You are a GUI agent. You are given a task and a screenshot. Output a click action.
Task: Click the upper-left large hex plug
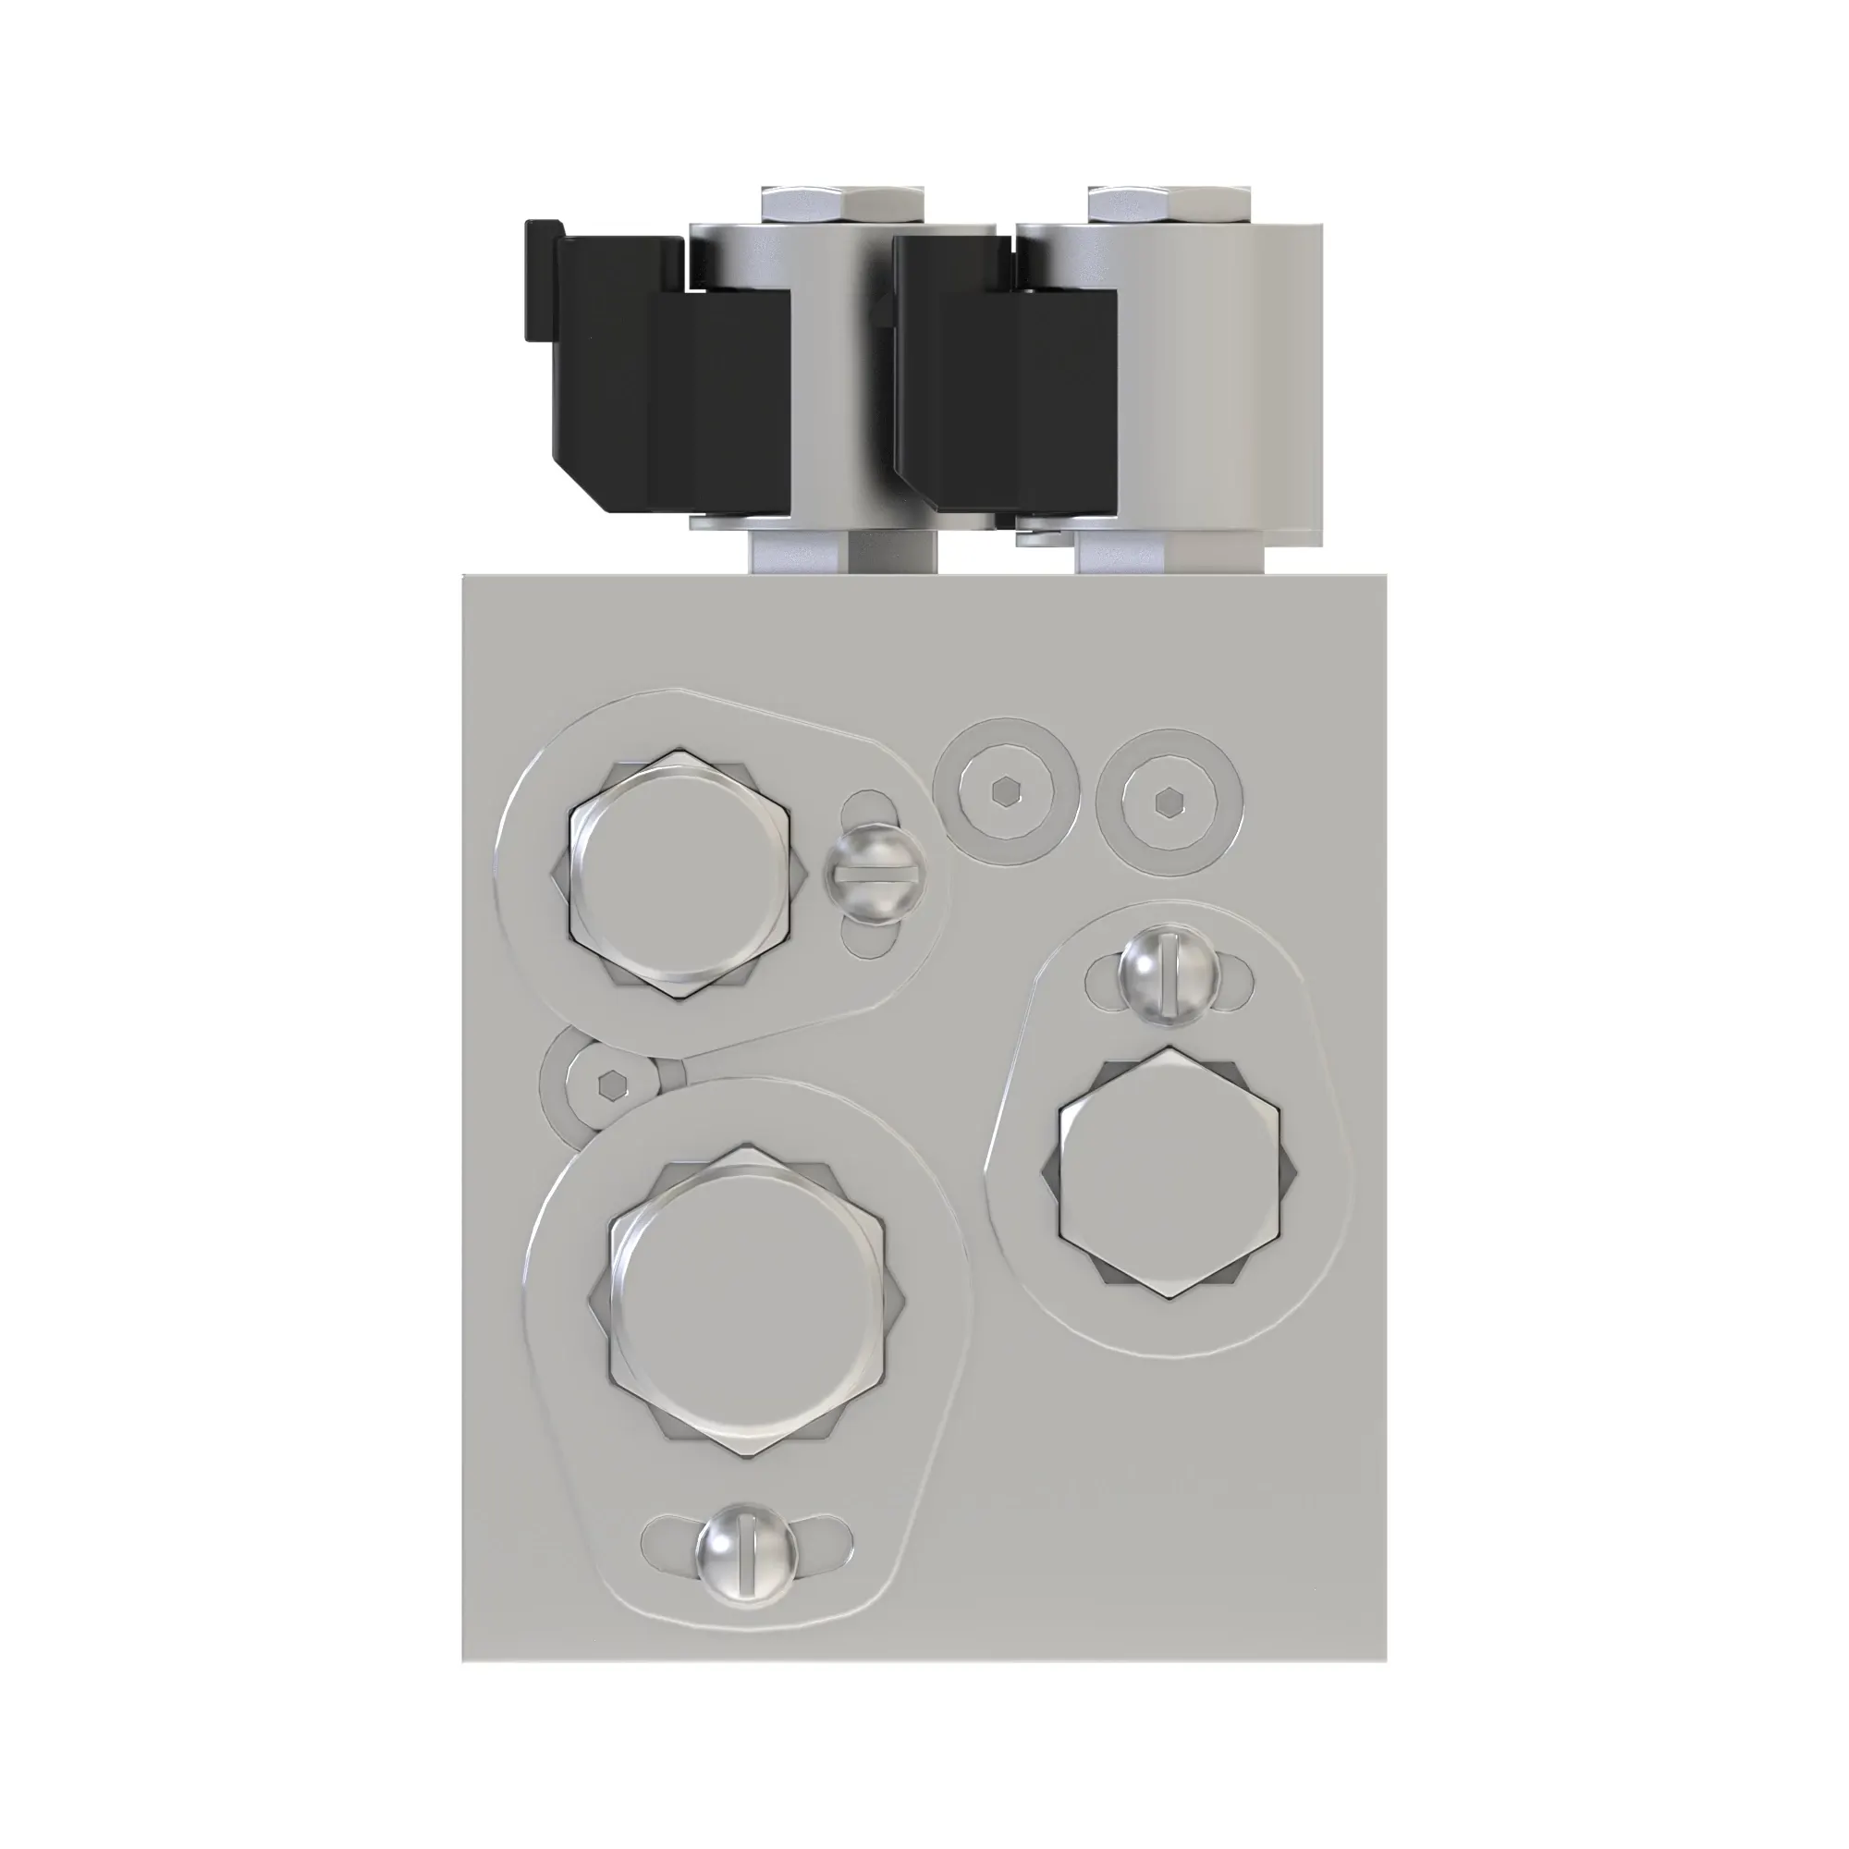(680, 875)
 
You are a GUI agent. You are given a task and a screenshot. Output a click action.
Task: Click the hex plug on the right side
(1169, 1172)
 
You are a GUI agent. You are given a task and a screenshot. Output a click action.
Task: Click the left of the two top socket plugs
(1005, 792)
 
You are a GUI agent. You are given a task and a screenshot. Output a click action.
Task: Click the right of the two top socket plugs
(1169, 800)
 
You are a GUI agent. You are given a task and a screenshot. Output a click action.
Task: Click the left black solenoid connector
(670, 383)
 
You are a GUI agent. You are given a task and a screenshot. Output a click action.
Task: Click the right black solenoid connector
(1005, 383)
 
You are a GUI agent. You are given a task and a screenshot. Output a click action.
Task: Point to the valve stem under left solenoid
(842, 552)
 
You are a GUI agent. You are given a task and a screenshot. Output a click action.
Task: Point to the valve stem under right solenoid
(1169, 552)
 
